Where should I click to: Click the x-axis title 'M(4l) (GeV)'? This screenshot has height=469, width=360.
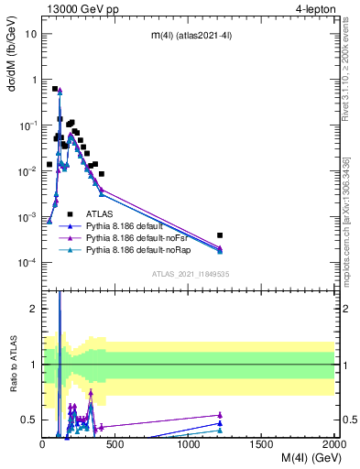pyautogui.click(x=303, y=459)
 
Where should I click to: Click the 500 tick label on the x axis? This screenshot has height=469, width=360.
pyautogui.click(x=115, y=444)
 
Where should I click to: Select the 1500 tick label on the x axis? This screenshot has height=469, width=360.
pyautogui.click(x=262, y=444)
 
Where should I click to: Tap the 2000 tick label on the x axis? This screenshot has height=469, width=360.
pyautogui.click(x=333, y=444)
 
